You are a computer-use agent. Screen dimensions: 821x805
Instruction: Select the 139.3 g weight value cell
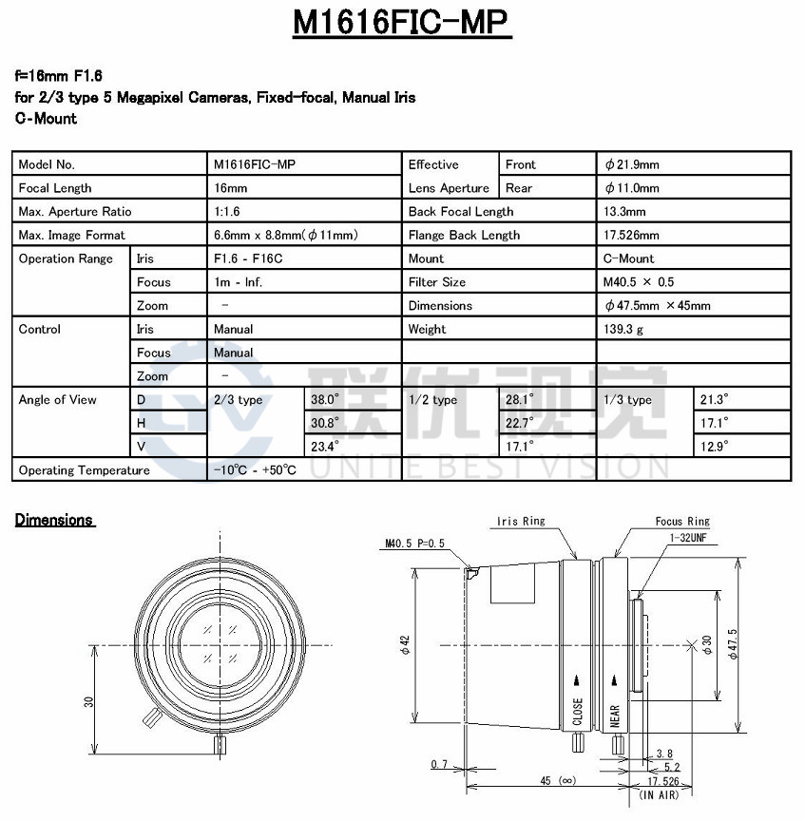pos(623,329)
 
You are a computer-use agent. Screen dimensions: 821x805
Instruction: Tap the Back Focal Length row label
pos(461,212)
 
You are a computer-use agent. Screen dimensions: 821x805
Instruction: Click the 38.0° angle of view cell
pos(325,400)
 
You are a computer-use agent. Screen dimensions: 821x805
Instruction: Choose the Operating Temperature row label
pos(84,470)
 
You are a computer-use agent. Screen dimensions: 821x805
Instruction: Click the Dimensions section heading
pos(54,520)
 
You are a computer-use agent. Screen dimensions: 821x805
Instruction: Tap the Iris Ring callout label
pos(521,522)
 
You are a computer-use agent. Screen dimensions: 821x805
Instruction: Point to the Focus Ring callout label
pos(681,522)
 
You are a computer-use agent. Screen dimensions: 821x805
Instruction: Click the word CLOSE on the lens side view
pos(578,713)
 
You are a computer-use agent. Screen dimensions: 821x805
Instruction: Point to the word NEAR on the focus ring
pos(616,716)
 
